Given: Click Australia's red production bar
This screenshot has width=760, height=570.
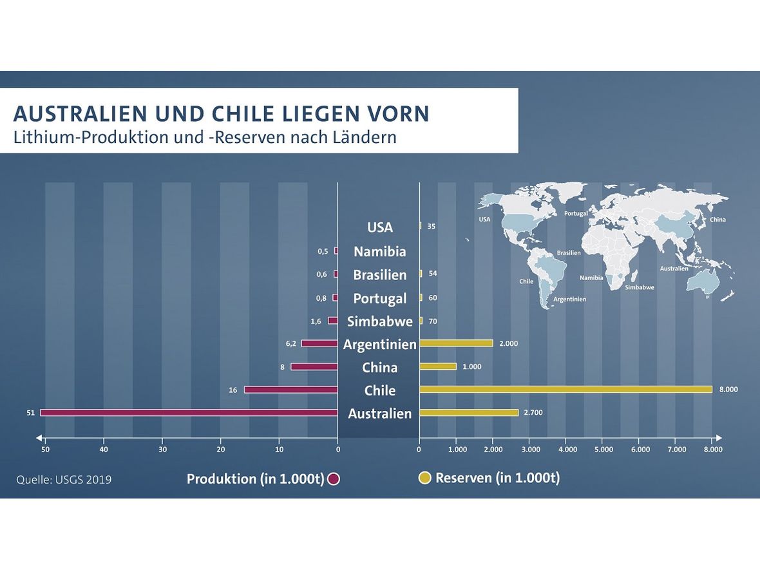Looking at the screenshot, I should click(x=189, y=412).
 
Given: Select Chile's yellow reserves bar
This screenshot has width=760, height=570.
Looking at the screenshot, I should click(x=565, y=389).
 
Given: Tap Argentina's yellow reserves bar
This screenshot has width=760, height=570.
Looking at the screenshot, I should click(x=456, y=343).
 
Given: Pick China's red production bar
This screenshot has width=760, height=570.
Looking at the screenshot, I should click(x=314, y=366).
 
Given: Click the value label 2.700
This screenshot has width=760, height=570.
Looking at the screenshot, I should click(x=533, y=412).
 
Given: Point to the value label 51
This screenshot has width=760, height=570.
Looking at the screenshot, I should click(x=30, y=412).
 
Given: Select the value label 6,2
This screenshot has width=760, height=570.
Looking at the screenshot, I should click(x=291, y=343).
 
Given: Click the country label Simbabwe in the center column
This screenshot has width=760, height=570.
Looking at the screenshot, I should click(x=380, y=321).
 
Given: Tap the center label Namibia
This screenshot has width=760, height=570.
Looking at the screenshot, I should click(x=380, y=251).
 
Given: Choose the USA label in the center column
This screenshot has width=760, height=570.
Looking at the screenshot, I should click(x=380, y=227).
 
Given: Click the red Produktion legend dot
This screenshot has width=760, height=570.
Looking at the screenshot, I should click(x=333, y=479).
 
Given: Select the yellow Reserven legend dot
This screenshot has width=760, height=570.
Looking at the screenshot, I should click(x=425, y=479).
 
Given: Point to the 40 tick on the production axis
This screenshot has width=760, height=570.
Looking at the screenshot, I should click(x=104, y=449).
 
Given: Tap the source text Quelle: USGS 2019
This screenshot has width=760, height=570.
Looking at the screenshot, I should click(x=64, y=480).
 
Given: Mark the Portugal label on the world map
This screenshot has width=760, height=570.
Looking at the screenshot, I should click(x=575, y=213).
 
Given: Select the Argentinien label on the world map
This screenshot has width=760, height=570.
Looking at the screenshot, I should click(x=569, y=299).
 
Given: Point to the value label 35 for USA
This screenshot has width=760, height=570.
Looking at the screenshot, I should click(x=431, y=227).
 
